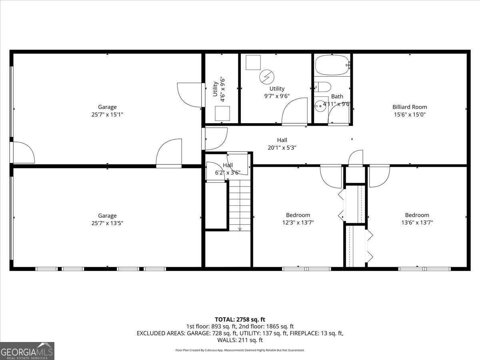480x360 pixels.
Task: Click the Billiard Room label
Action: (x=409, y=107)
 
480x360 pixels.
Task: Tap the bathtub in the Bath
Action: (x=332, y=65)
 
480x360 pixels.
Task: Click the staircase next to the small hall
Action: (x=240, y=206)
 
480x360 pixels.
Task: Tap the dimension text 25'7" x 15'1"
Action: (x=107, y=114)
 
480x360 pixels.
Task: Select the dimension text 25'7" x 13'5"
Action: (x=107, y=223)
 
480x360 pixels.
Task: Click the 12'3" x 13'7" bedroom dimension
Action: (x=298, y=222)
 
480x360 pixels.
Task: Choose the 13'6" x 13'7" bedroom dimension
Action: (x=417, y=222)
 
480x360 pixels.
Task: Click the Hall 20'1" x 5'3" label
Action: (x=282, y=144)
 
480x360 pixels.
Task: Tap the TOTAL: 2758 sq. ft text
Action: (x=240, y=319)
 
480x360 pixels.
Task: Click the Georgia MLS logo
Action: (x=27, y=351)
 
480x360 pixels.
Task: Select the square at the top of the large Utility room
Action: (x=253, y=62)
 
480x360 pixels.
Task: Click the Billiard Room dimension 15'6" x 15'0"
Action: (x=409, y=114)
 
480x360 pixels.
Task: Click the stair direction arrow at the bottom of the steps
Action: (x=240, y=229)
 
